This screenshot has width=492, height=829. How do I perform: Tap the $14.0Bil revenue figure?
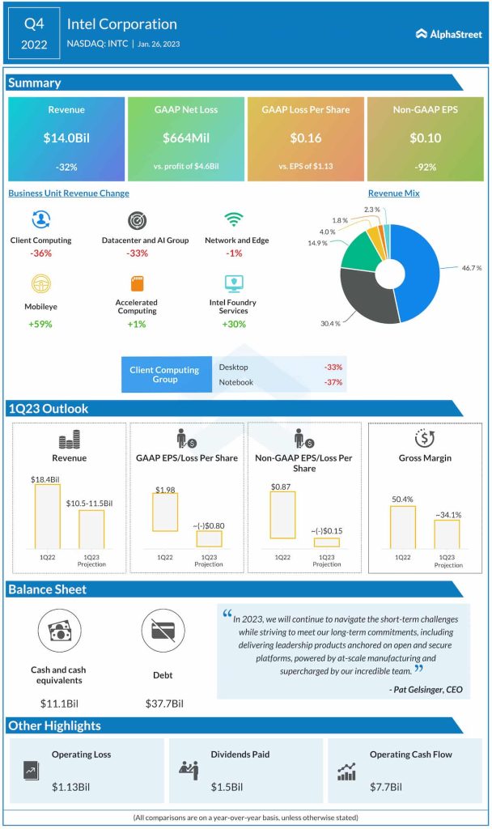(x=66, y=138)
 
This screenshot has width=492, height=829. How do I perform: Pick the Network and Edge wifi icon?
(x=234, y=220)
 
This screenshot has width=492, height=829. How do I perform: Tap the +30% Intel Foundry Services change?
(x=234, y=324)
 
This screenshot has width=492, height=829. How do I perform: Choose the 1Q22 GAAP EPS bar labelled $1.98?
(x=165, y=512)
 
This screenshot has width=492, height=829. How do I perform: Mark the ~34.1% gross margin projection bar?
(x=446, y=534)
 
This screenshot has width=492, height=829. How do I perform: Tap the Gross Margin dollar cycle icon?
(x=425, y=438)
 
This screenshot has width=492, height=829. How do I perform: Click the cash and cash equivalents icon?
(x=58, y=632)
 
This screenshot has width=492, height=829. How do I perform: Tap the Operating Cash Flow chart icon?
(x=346, y=772)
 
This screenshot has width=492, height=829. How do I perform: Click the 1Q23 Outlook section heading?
(x=49, y=409)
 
